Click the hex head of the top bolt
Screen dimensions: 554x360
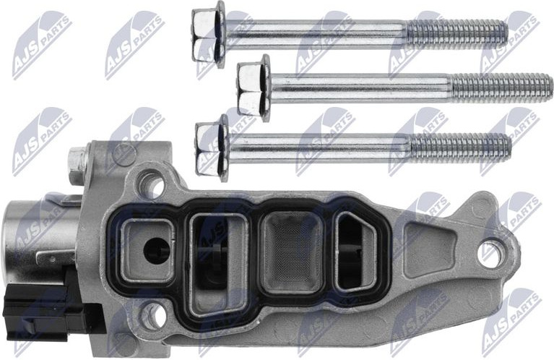click(204, 34)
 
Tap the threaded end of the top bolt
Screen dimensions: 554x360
click(457, 33)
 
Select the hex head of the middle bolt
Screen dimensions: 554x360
click(248, 87)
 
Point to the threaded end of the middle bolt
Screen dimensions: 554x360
click(502, 88)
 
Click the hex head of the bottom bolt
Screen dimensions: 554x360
click(208, 147)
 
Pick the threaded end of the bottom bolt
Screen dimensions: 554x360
click(460, 147)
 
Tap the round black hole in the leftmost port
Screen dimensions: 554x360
click(156, 250)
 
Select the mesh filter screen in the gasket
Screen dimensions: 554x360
click(292, 252)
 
